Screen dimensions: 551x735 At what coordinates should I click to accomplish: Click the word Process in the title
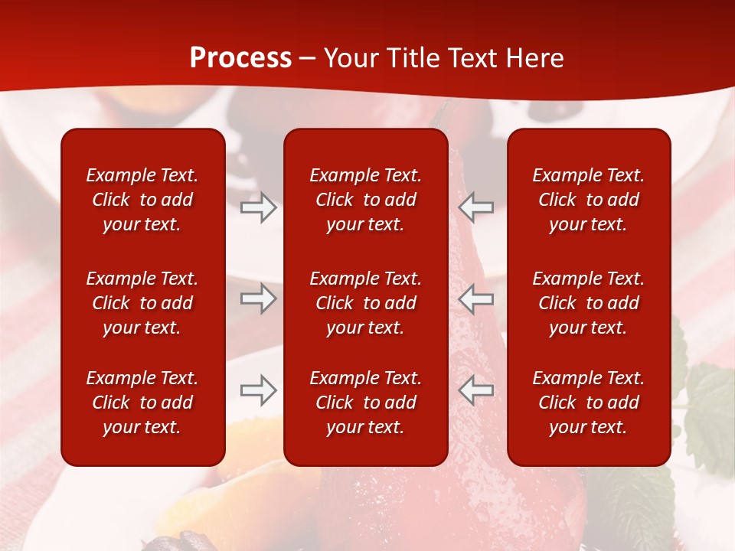coord(240,58)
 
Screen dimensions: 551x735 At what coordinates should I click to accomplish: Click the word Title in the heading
coord(412,58)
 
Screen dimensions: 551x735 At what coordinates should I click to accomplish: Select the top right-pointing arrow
coord(258,207)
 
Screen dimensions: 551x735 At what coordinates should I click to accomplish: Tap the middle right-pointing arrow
coord(258,298)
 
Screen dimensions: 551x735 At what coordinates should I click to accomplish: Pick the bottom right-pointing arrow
coord(258,390)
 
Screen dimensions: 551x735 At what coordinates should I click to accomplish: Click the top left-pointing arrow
coord(476,207)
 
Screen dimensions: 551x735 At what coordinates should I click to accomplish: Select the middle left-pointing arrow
coord(476,298)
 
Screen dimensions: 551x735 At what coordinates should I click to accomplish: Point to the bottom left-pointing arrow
coord(476,390)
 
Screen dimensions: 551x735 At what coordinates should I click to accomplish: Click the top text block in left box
coord(142,200)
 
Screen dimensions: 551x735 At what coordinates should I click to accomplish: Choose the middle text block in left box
coord(142,303)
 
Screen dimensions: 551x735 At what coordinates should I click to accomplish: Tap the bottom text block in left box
coord(142,403)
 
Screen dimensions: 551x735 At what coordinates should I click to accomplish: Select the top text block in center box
coord(365,200)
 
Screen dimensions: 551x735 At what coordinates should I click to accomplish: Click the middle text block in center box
coord(365,303)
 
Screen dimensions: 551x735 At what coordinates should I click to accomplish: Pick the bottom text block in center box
coord(365,403)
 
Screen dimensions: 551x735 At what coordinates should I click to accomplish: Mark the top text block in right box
coord(588,200)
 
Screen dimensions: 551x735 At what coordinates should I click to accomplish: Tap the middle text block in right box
coord(588,303)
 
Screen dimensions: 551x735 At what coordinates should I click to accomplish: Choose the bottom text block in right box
coord(588,403)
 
